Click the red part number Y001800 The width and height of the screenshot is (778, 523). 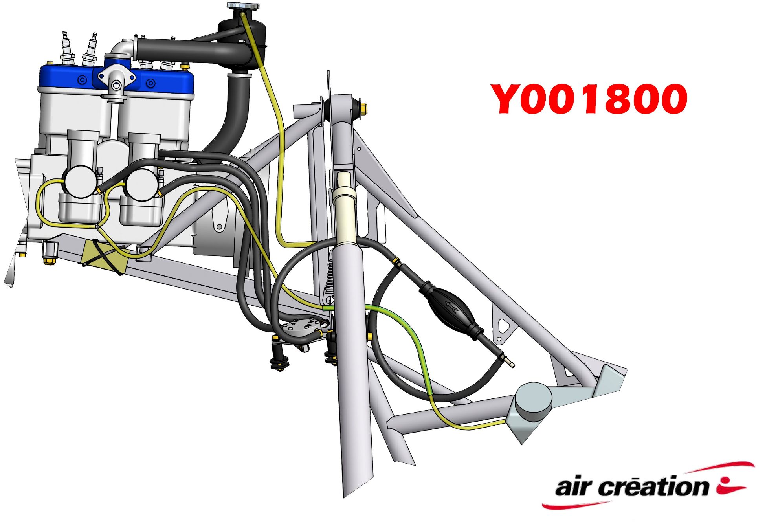[589, 99]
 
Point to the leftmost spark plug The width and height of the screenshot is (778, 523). [67, 49]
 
